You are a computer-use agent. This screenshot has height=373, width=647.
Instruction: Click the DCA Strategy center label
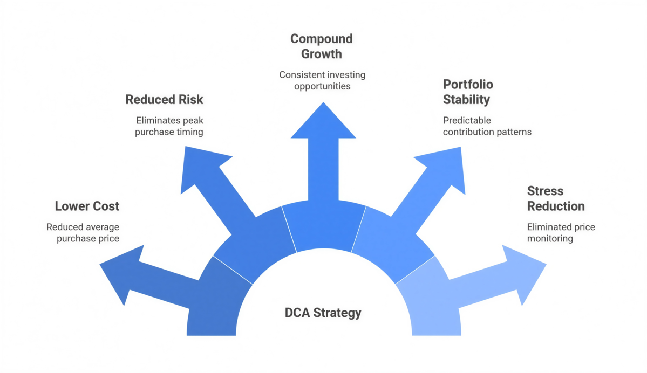pos(323,313)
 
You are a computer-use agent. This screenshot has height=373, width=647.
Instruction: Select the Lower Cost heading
pos(87,206)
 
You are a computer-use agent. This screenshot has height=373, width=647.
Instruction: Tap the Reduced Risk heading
pos(164,100)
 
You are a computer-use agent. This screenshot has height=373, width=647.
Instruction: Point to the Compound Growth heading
pos(322,46)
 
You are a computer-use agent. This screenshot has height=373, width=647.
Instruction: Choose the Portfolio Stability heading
pos(468,92)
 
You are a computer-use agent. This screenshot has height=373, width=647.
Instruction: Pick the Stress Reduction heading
pos(555,199)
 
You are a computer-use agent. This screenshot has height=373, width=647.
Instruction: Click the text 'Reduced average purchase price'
pos(83,233)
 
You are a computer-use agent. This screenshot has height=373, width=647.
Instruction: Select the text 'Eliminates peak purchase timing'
pos(169,126)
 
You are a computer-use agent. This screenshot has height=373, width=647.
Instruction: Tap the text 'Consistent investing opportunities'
pos(322,80)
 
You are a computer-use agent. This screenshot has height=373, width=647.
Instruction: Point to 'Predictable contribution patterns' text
pos(487,126)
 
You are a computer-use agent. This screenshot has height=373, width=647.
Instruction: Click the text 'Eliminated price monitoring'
pos(561,233)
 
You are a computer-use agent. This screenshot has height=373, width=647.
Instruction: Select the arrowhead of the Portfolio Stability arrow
pos(444,164)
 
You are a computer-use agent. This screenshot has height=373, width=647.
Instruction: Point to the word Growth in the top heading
pos(322,54)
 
